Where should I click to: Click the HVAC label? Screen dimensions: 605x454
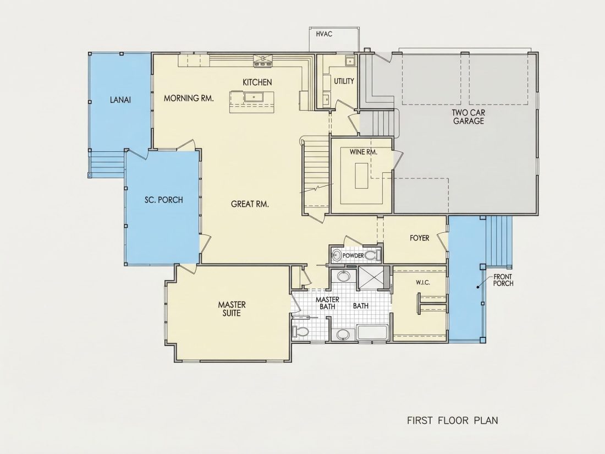pyautogui.click(x=324, y=34)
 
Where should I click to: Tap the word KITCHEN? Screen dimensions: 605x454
pyautogui.click(x=257, y=82)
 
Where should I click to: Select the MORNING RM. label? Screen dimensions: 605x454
pyautogui.click(x=189, y=98)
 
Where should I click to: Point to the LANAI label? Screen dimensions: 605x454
pyautogui.click(x=120, y=100)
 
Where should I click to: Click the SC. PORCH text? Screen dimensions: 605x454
pyautogui.click(x=163, y=200)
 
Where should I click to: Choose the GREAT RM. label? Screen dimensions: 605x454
pyautogui.click(x=250, y=204)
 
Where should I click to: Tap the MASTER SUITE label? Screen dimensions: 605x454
pyautogui.click(x=232, y=309)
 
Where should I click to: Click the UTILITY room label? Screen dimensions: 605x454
pyautogui.click(x=344, y=81)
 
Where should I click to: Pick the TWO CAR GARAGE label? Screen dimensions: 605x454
pyautogui.click(x=469, y=117)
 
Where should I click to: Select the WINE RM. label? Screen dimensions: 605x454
pyautogui.click(x=364, y=152)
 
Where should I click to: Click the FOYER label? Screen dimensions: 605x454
pyautogui.click(x=420, y=238)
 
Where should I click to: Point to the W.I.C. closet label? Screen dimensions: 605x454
pyautogui.click(x=423, y=283)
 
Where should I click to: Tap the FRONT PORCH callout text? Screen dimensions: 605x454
pyautogui.click(x=503, y=280)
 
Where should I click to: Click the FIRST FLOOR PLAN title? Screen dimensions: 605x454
pyautogui.click(x=453, y=420)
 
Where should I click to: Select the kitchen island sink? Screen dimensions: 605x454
pyautogui.click(x=254, y=97)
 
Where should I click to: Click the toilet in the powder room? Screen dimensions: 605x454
pyautogui.click(x=372, y=255)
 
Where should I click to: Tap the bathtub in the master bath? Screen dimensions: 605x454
pyautogui.click(x=372, y=333)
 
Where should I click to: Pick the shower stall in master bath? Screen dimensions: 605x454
pyautogui.click(x=371, y=277)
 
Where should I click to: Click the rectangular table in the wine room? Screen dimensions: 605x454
pyautogui.click(x=361, y=176)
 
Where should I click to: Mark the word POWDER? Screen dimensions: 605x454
pyautogui.click(x=353, y=255)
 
